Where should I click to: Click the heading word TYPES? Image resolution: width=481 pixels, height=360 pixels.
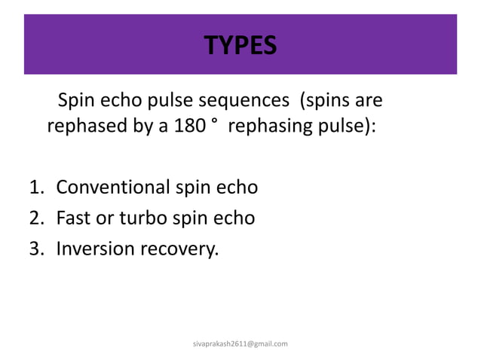pos(240,47)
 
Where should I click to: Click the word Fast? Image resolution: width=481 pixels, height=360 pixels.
pos(72,218)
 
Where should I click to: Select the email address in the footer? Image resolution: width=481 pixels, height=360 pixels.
pos(240,343)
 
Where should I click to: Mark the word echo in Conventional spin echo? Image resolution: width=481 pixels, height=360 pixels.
pos(236,186)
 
